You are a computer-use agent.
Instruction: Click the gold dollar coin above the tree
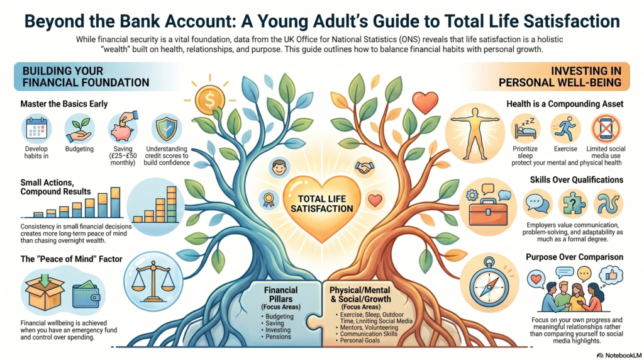coord(210,100)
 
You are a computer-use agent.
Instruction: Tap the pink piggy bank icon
coord(123,130)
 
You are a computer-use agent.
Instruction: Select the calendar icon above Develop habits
coord(36,128)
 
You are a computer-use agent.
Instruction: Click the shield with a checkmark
coord(166,129)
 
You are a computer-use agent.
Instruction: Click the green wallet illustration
coord(86,295)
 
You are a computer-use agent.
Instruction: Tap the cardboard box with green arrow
coord(45,291)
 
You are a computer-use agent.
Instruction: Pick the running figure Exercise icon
coord(565,128)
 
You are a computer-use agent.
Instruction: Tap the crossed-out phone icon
coord(606,128)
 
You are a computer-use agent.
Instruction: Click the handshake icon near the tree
coord(364,167)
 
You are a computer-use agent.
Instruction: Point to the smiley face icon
coord(279,167)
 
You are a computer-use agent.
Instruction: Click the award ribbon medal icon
coord(269,200)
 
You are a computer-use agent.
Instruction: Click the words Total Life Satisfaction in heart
coord(322,203)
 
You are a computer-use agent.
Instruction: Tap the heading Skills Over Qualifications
coord(576,179)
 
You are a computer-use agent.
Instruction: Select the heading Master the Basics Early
coord(64,104)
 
